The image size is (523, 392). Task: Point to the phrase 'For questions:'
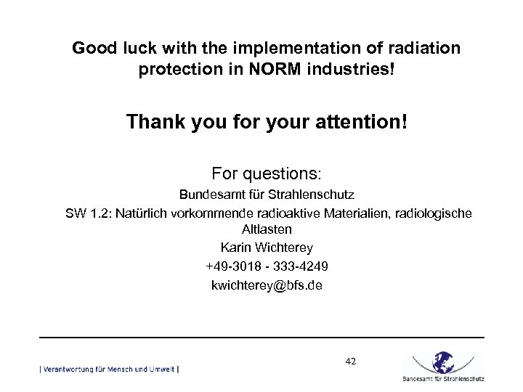266,174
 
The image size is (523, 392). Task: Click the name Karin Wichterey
266,248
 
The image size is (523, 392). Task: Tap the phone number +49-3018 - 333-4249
266,266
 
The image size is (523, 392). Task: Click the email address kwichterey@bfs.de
266,285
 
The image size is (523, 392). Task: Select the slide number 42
351,360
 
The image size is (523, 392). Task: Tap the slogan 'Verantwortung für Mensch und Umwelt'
109,369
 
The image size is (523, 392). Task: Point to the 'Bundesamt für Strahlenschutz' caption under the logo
442,378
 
